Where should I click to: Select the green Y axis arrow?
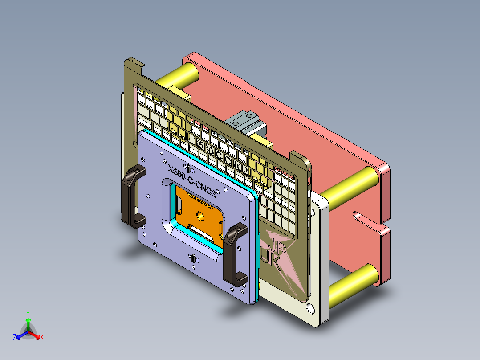point(28,320)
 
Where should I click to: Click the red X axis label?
point(42,338)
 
